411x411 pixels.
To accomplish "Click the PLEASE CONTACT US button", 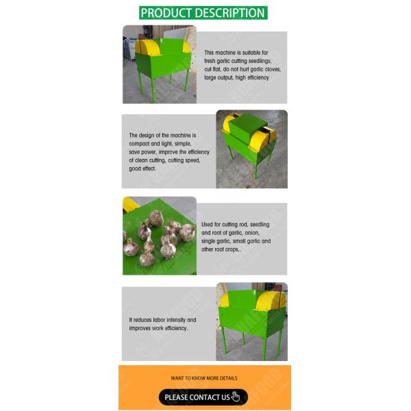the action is tap(203, 397).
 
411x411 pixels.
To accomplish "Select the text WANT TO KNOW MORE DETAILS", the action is tap(204, 378).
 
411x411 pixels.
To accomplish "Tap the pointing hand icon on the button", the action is tap(236, 397).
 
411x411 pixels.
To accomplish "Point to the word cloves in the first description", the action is tap(273, 69).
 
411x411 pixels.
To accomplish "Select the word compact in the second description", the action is tap(139, 144).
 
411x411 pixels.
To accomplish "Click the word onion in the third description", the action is tap(252, 233).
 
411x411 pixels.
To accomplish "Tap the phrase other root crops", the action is tap(220, 249).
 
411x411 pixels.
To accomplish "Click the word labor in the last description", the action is tap(159, 320).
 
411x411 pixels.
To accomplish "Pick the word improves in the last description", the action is tap(139, 328).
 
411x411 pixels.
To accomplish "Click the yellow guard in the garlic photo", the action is tap(130, 204).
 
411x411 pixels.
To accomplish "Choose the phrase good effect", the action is tap(142, 169).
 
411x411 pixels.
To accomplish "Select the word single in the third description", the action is tap(208, 241).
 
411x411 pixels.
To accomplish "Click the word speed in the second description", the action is tap(193, 160).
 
